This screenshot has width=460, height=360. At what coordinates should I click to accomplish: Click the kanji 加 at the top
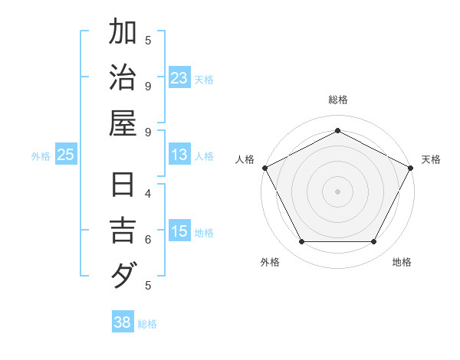click(x=123, y=33)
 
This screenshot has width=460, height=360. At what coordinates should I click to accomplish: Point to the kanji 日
click(x=123, y=186)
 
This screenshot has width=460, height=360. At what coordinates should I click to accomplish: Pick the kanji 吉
click(x=123, y=230)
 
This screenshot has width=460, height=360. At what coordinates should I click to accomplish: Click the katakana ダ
click(x=123, y=274)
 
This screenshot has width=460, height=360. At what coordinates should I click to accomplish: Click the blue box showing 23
click(x=179, y=77)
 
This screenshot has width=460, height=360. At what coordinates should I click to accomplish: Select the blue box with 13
click(x=179, y=155)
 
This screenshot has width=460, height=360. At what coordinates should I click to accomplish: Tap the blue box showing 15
click(x=179, y=231)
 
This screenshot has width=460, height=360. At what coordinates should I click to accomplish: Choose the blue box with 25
click(x=66, y=155)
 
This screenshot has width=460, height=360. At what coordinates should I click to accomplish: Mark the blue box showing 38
click(x=123, y=322)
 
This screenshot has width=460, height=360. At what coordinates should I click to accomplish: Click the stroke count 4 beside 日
click(x=148, y=193)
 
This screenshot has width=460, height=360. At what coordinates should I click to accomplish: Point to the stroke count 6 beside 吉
click(x=148, y=239)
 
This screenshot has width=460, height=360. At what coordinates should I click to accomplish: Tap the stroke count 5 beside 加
click(x=148, y=40)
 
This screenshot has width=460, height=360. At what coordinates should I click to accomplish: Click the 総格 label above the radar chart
click(x=337, y=100)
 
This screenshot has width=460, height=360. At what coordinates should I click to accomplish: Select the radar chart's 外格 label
click(x=270, y=262)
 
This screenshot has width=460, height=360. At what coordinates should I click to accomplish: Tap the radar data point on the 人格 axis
click(x=264, y=167)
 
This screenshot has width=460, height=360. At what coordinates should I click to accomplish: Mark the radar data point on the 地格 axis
click(x=373, y=241)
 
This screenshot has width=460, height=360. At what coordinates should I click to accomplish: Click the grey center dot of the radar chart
click(x=337, y=191)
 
